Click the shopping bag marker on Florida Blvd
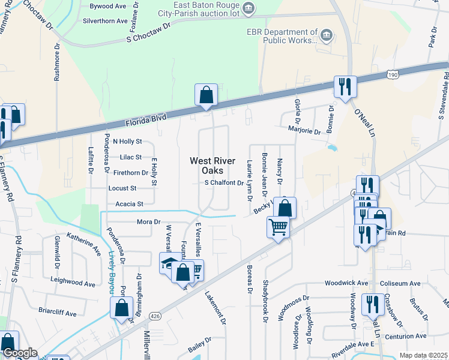tap(205, 95)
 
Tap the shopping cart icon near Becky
tap(278, 227)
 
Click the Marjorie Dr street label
tap(304, 131)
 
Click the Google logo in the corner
tap(19, 353)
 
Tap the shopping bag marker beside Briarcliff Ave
tap(121, 308)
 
